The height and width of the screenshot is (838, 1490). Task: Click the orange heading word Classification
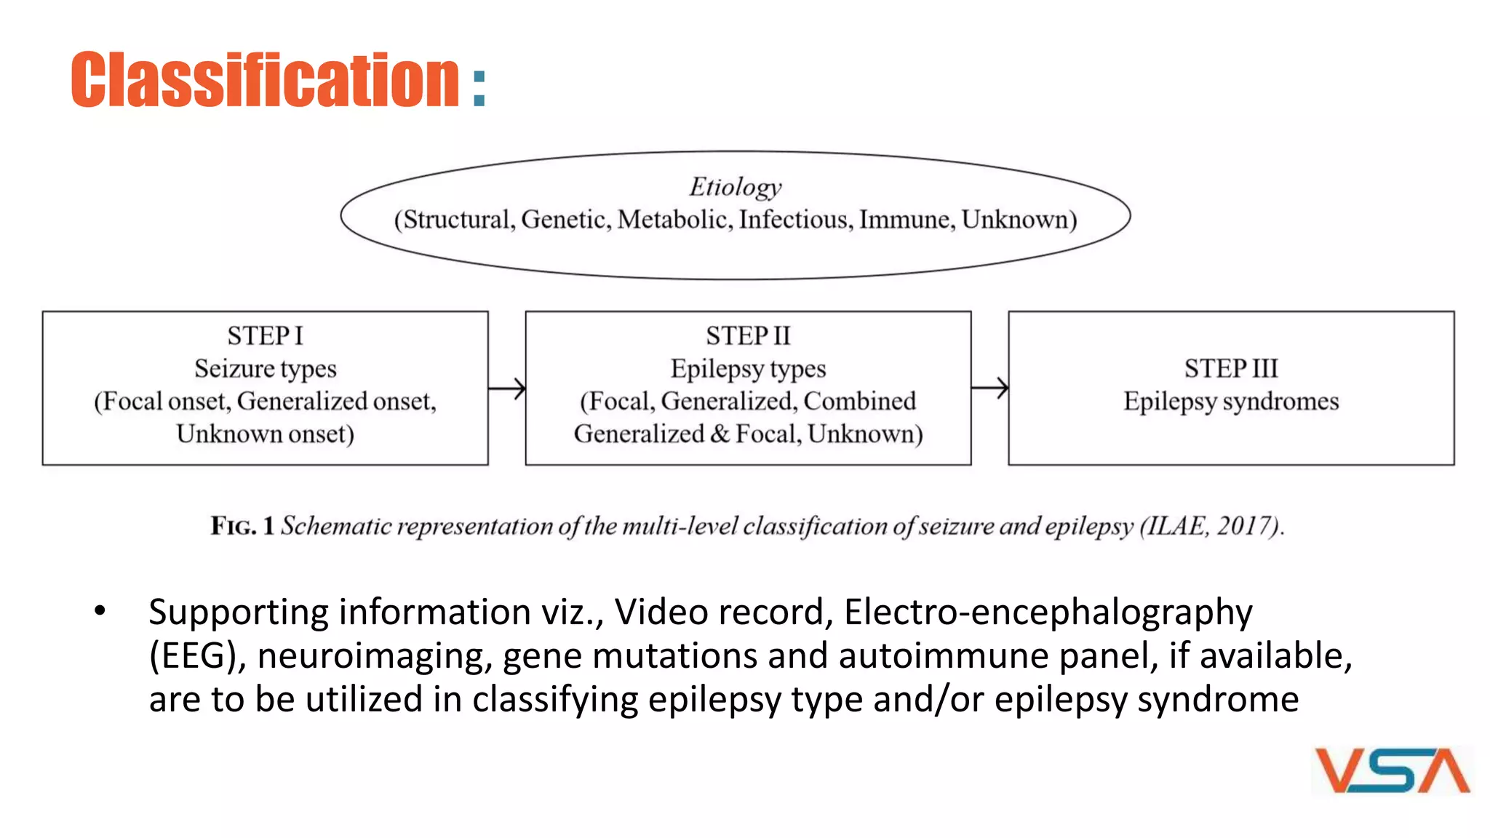tap(265, 80)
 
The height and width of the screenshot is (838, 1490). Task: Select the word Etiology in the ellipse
tap(736, 187)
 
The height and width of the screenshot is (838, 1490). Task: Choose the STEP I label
tap(265, 336)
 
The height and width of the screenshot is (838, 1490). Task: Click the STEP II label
tap(748, 336)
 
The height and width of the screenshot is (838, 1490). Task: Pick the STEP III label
tap(1231, 369)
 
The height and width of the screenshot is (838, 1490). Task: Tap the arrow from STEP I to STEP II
tap(507, 388)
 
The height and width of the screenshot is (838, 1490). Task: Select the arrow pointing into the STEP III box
tap(990, 388)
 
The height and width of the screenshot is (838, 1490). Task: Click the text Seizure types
tap(265, 369)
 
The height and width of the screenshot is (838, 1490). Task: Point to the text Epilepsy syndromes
tap(1231, 402)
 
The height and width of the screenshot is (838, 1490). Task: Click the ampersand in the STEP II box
tap(720, 434)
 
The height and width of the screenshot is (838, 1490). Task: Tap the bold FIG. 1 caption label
tap(242, 526)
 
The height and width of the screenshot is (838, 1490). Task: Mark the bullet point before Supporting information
tap(100, 611)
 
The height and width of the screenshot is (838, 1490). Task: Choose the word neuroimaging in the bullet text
tap(370, 656)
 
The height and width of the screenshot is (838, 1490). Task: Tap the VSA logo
tap(1393, 770)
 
